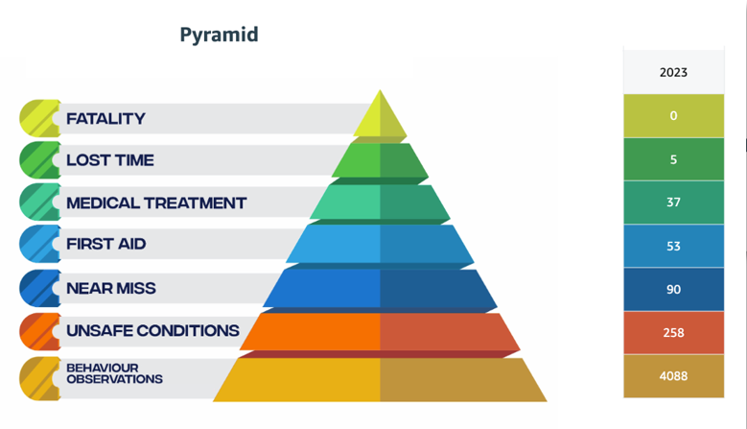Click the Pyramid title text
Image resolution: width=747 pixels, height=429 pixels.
tap(219, 36)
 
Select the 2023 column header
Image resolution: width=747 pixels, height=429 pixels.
tap(673, 72)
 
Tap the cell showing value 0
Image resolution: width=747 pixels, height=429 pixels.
tap(673, 116)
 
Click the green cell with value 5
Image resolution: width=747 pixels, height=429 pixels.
tap(673, 159)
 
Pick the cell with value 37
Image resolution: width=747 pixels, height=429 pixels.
tap(673, 203)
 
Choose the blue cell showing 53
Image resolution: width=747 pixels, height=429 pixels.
tap(673, 247)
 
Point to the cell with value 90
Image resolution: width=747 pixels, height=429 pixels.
tap(673, 290)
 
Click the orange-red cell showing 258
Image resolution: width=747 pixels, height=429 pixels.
tap(673, 333)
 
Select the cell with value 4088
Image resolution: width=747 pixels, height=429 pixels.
tap(673, 376)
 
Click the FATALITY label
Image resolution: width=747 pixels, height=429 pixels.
tap(105, 119)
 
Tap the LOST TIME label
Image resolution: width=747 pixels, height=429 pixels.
tap(109, 160)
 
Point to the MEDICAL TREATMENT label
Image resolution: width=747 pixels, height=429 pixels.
tap(155, 203)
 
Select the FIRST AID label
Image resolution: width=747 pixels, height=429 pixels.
tap(105, 244)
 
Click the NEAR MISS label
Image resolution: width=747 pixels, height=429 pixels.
tap(110, 288)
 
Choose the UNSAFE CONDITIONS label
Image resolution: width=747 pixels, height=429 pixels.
tap(152, 331)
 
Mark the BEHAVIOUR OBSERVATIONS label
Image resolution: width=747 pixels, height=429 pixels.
tap(113, 373)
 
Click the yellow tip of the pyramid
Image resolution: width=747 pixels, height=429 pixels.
tap(380, 119)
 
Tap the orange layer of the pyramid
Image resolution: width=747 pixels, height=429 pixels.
tap(380, 331)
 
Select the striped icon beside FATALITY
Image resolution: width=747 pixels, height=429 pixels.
tap(38, 118)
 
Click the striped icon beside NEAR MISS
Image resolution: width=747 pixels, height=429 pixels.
tap(38, 288)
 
